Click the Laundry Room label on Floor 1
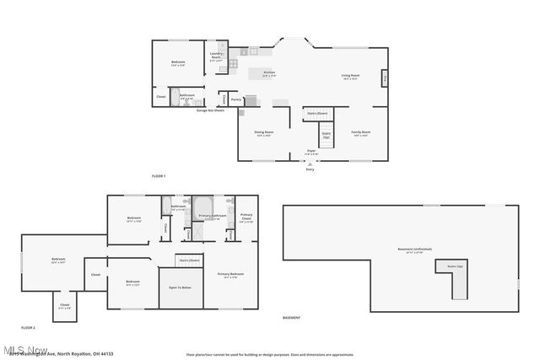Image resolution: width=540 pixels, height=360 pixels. [x=216, y=58]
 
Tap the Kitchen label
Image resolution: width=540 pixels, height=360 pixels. [x=269, y=73]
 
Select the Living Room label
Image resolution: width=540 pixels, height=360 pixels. [x=350, y=78]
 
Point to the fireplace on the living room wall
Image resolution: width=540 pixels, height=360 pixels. [x=385, y=78]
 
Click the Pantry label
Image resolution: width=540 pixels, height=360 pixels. [x=236, y=99]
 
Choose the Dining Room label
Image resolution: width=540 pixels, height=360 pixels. [x=264, y=133]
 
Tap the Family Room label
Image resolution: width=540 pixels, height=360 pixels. [x=361, y=133]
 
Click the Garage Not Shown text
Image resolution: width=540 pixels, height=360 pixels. [x=210, y=110]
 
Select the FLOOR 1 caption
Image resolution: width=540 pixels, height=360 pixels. [x=158, y=175]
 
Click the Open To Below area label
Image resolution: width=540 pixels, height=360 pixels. [x=180, y=287]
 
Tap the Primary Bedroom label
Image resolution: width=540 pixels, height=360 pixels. [x=230, y=274]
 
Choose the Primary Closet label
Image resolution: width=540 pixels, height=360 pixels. [x=246, y=217]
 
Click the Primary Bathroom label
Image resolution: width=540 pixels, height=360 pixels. [x=211, y=217]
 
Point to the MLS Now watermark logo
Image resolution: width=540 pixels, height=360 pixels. [x=25, y=348]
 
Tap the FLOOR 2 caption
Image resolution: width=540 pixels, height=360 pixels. [x=29, y=327]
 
